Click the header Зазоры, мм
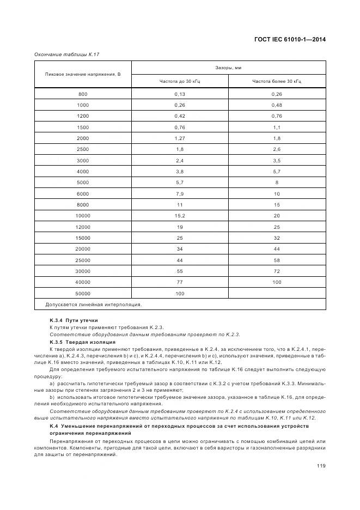(228, 68)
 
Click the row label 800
(83, 94)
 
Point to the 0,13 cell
(180, 94)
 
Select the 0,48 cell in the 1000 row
(277, 105)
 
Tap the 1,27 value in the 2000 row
(180, 138)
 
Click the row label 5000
(83, 182)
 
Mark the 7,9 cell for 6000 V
(180, 193)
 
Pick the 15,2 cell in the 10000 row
(180, 216)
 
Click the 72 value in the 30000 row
(277, 271)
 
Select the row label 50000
(83, 293)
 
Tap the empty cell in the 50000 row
(277, 293)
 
